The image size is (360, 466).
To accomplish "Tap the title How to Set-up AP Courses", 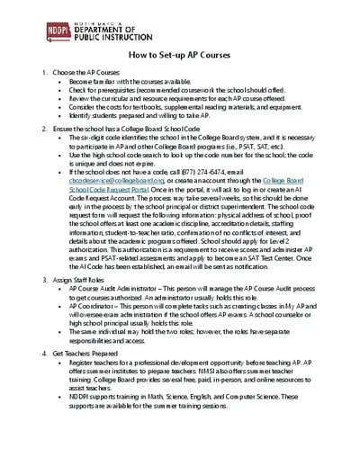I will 181,55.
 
